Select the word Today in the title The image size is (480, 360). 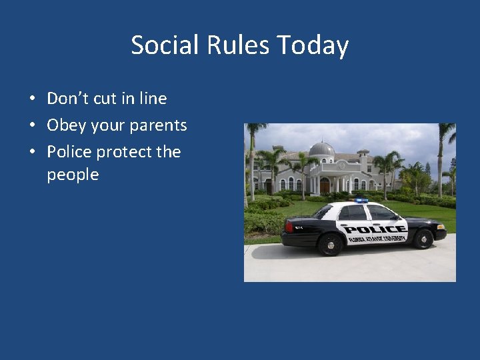pos(313,46)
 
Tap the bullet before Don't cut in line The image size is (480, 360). pos(32,99)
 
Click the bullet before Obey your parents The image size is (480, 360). pos(32,126)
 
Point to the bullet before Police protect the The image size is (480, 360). pos(32,153)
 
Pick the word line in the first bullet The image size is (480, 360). pos(153,99)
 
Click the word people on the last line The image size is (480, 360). pos(73,175)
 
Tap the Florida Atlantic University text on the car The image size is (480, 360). pos(376,239)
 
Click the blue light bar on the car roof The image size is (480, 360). pos(361,200)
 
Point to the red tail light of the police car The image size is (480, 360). pos(288,227)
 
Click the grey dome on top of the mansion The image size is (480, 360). pos(322,149)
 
